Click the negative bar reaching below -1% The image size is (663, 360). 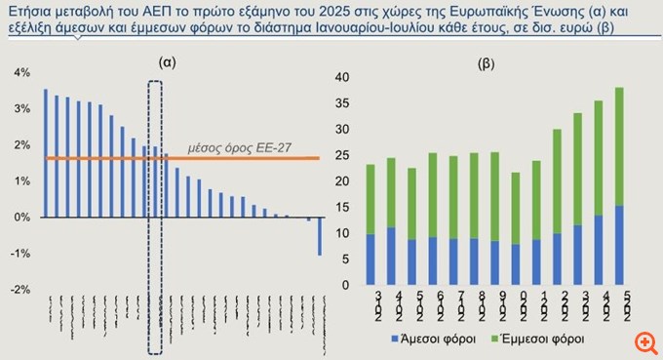[x=319, y=236]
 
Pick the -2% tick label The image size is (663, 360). [x=20, y=290]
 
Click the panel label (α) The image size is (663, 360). [x=167, y=61]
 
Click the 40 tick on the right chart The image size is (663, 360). [x=341, y=76]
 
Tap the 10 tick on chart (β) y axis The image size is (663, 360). [x=341, y=234]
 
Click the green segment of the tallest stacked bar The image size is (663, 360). [x=618, y=146]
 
